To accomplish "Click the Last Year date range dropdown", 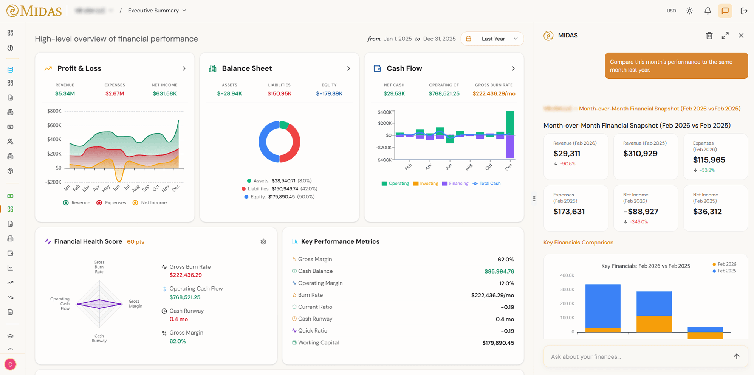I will pyautogui.click(x=492, y=39).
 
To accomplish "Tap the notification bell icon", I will pyautogui.click(x=708, y=11).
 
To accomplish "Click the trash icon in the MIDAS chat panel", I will pyautogui.click(x=709, y=36).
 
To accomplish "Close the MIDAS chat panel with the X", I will pyautogui.click(x=741, y=36).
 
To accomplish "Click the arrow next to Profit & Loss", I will pyautogui.click(x=184, y=68).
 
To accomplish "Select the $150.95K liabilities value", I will pyautogui.click(x=279, y=93).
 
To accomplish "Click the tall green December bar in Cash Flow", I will pyautogui.click(x=510, y=122).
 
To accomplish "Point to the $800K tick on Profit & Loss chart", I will pyautogui.click(x=54, y=111).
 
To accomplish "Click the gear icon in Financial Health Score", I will pyautogui.click(x=263, y=241).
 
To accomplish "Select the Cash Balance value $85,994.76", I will pyautogui.click(x=499, y=271).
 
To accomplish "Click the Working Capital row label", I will pyautogui.click(x=318, y=342).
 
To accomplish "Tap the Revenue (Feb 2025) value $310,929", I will pyautogui.click(x=640, y=154).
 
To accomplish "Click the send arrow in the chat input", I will pyautogui.click(x=736, y=356).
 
